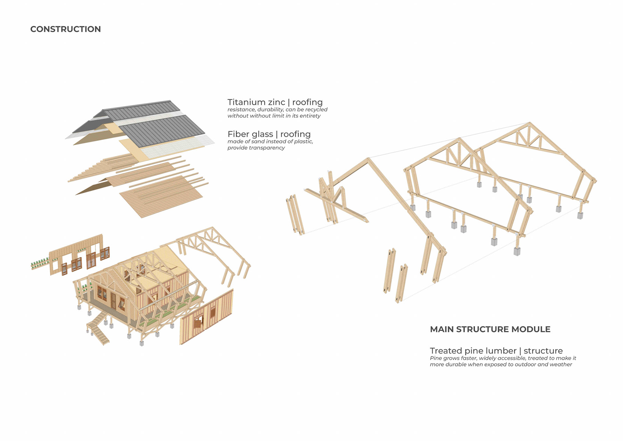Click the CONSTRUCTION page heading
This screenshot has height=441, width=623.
pyautogui.click(x=66, y=29)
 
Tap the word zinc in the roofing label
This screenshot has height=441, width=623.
pyautogui.click(x=276, y=102)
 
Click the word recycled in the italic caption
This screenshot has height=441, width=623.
pyautogui.click(x=316, y=110)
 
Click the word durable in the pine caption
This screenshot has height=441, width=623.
pyautogui.click(x=456, y=365)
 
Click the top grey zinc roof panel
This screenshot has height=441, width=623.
pyautogui.click(x=141, y=110)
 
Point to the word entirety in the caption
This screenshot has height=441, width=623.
pyautogui.click(x=310, y=116)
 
